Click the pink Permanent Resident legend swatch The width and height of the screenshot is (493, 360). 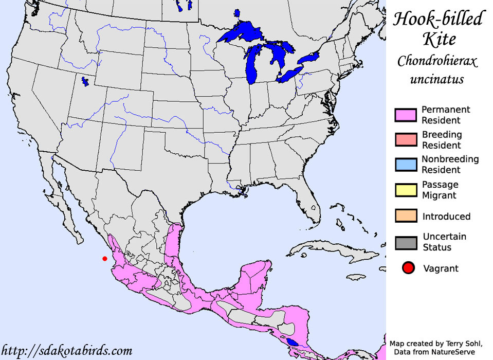pyautogui.click(x=405, y=115)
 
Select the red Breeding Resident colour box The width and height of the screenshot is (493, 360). pyautogui.click(x=405, y=139)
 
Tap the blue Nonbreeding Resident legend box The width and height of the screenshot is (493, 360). pyautogui.click(x=405, y=164)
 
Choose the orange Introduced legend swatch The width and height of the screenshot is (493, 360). pyautogui.click(x=405, y=216)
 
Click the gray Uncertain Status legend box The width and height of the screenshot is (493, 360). pyautogui.click(x=405, y=242)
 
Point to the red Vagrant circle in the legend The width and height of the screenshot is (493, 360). pyautogui.click(x=408, y=268)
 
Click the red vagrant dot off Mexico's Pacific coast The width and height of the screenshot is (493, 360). pyautogui.click(x=105, y=258)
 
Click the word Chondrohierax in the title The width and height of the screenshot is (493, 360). pyautogui.click(x=437, y=62)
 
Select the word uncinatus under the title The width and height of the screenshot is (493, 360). pyautogui.click(x=437, y=80)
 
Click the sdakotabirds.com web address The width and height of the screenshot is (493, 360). pyautogui.click(x=66, y=351)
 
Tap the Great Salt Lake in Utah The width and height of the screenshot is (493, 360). pyautogui.click(x=85, y=81)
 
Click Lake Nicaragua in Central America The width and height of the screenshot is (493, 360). pyautogui.click(x=293, y=342)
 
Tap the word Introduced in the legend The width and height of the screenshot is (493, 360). pyautogui.click(x=446, y=217)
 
